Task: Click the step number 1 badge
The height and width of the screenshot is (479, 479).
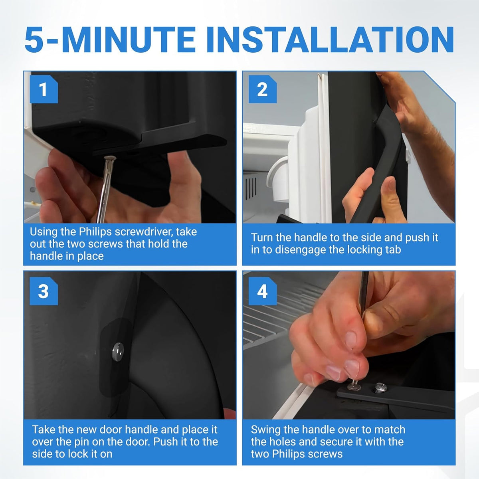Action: pos(44,89)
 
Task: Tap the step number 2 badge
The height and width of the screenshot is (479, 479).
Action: pos(263,89)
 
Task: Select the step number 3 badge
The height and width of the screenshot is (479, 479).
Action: pos(44,291)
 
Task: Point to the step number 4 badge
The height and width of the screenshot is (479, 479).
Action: pos(263,291)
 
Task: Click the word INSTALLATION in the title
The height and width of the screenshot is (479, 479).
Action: pos(331,40)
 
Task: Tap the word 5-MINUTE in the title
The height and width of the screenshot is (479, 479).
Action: pos(110,40)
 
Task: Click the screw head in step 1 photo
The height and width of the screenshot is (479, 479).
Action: pos(110,158)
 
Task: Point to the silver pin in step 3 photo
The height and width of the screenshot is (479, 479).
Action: pos(118,352)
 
